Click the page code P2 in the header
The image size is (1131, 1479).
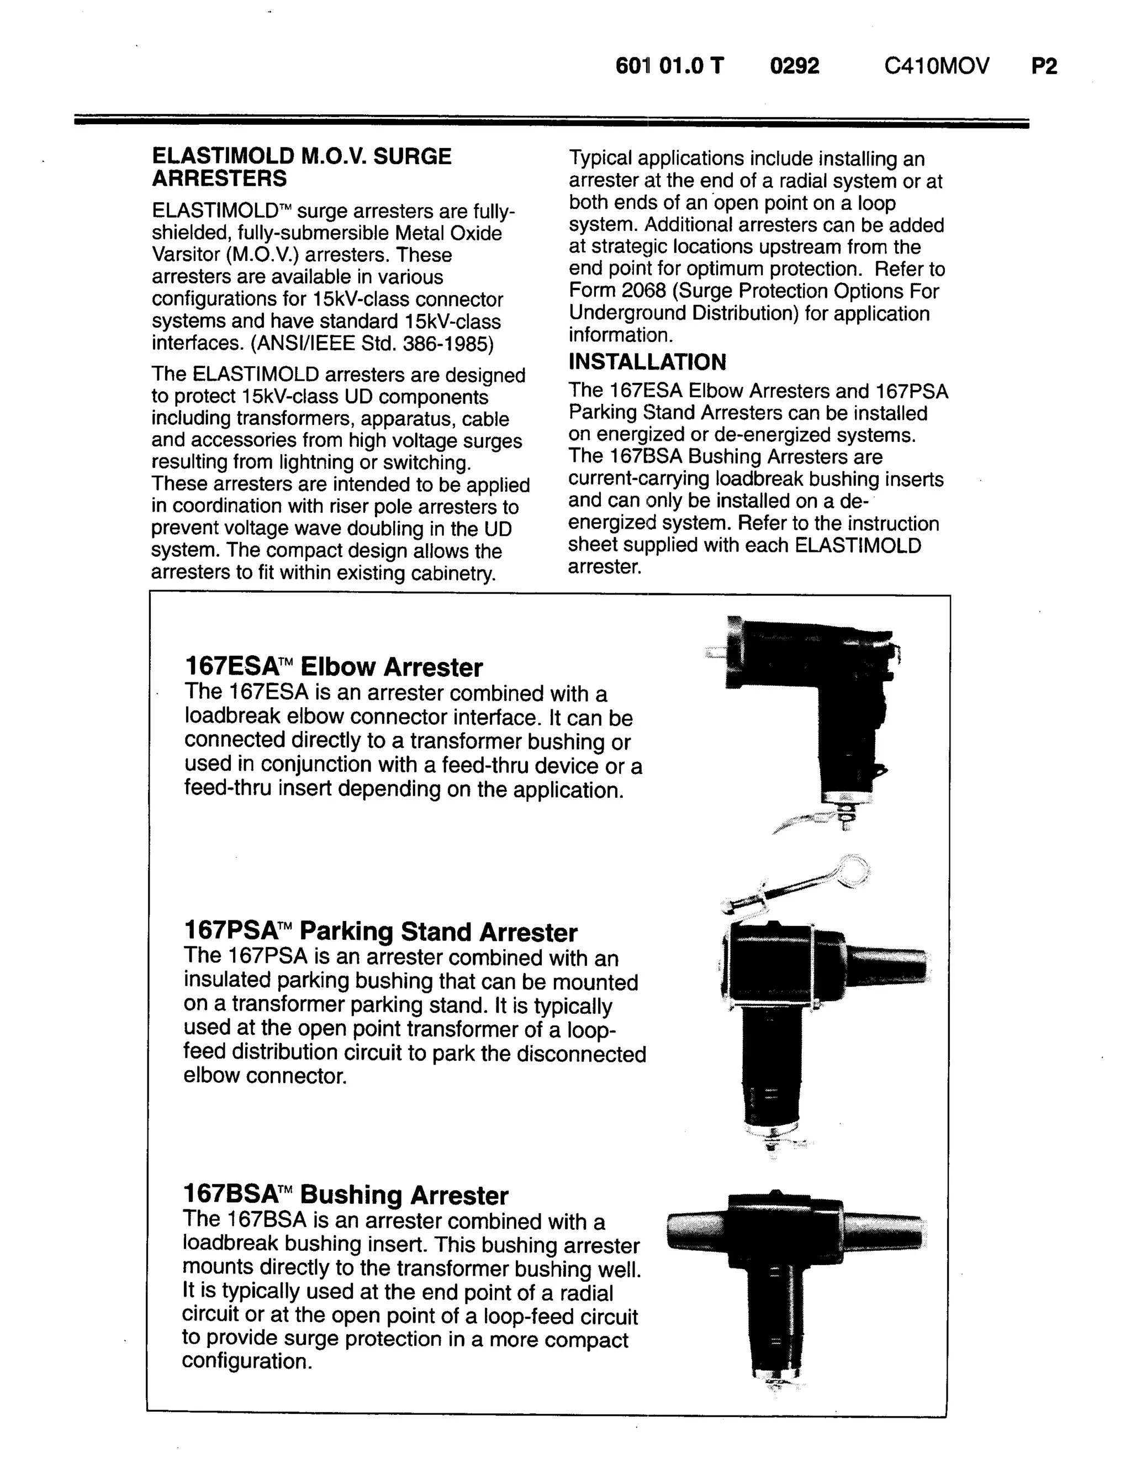1044,66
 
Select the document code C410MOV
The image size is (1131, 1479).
937,66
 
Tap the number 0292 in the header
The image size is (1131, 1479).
794,66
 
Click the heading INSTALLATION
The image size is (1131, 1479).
647,362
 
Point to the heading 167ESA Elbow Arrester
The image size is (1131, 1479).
333,667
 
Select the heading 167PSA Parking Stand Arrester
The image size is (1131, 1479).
380,932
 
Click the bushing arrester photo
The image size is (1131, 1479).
794,1280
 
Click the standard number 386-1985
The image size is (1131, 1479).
448,344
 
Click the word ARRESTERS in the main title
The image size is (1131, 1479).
219,178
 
